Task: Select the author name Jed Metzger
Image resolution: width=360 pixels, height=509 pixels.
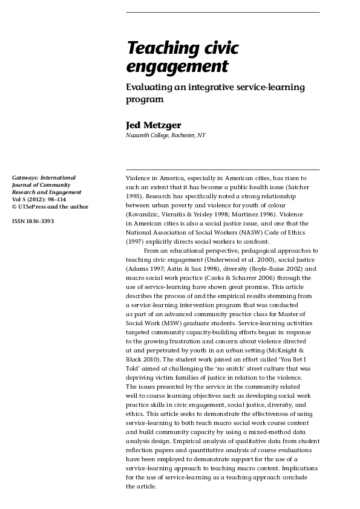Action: [153, 125]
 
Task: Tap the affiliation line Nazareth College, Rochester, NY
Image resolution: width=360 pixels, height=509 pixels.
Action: [165, 135]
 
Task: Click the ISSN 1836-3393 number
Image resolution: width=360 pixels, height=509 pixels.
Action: [33, 222]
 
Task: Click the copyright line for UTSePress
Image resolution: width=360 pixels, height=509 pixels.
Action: [50, 207]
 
